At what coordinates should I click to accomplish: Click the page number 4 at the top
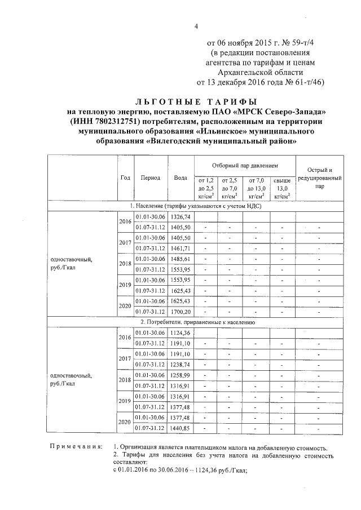(196, 26)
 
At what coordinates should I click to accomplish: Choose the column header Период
(151, 178)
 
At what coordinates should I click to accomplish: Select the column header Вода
(180, 178)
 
